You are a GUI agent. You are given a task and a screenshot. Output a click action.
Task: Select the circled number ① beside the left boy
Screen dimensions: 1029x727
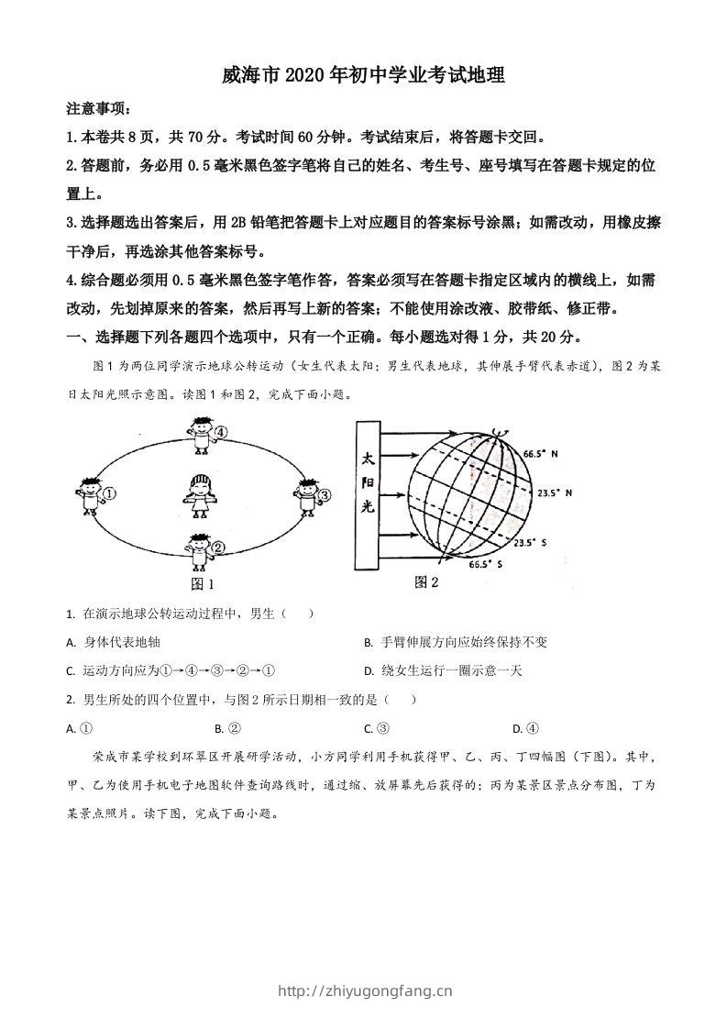click(109, 493)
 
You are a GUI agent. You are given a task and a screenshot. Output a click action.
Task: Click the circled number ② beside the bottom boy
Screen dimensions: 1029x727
click(218, 548)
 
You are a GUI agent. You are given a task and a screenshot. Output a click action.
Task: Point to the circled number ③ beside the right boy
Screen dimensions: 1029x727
click(324, 495)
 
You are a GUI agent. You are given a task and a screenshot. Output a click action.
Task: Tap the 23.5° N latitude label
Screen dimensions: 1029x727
click(554, 492)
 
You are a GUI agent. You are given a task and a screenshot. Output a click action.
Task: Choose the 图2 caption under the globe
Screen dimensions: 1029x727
click(427, 581)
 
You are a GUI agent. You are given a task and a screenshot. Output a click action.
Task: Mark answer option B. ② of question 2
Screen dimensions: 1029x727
click(227, 729)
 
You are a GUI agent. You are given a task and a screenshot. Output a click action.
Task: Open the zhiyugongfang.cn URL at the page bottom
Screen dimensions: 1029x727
click(364, 990)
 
